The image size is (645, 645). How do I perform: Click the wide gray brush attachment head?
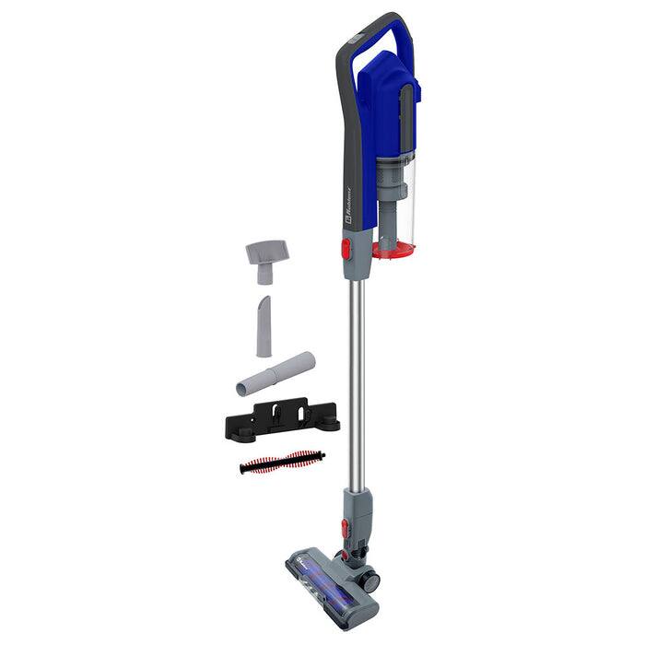tap(266, 252)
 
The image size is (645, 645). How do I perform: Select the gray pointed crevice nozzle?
tap(264, 326)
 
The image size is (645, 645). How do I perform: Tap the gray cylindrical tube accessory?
tap(276, 373)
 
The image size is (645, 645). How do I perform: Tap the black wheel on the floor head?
tap(369, 580)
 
